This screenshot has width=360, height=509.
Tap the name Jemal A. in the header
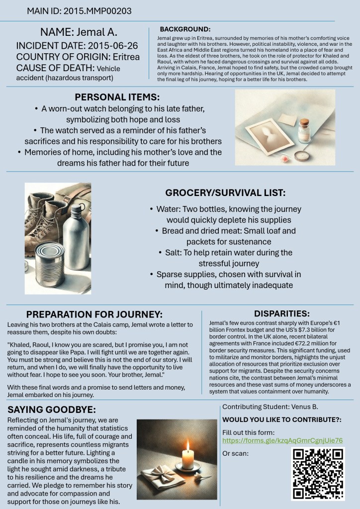pyautogui.click(x=79, y=32)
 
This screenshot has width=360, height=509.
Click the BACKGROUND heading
pyautogui.click(x=185, y=30)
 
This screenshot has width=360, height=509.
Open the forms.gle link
pyautogui.click(x=282, y=440)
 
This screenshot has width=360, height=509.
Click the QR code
pyautogui.click(x=318, y=473)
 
